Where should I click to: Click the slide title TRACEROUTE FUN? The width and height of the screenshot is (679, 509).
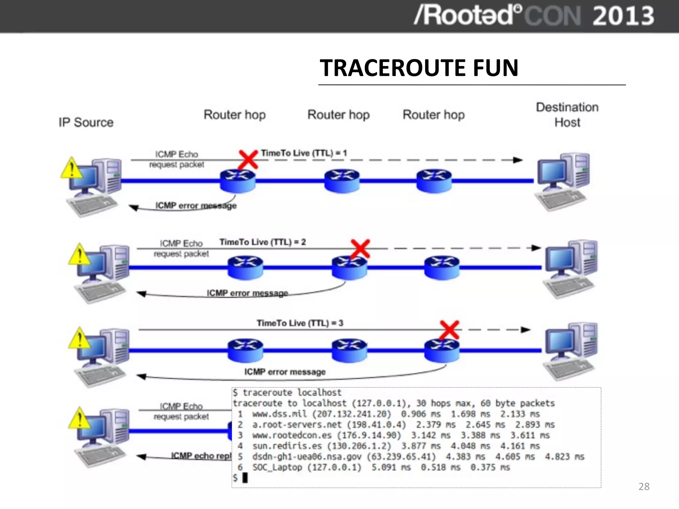pos(419,68)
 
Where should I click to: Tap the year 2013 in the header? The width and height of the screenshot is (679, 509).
pos(623,16)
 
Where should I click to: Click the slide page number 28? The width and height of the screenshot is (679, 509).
pos(644,486)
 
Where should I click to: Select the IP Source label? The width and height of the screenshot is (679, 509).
pos(86,122)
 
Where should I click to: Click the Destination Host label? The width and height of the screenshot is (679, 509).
pos(567,115)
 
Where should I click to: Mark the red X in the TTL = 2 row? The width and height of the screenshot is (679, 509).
pos(360,249)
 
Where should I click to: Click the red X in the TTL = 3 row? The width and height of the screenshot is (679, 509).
pos(449,330)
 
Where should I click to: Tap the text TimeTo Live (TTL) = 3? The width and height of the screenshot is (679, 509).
pos(300,323)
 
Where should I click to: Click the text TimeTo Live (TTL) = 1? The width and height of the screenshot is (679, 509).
pos(304,153)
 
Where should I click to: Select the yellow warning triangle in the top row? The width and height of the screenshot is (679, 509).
pos(71,168)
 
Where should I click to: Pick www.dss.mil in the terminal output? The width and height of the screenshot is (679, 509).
pos(279,414)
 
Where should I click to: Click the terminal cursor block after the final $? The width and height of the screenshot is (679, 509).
pos(245,478)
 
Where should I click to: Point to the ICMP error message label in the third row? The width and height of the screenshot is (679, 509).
pos(285,372)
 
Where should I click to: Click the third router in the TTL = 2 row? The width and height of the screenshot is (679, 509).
pos(442,267)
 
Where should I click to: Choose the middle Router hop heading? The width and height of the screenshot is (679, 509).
pos(339,115)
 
